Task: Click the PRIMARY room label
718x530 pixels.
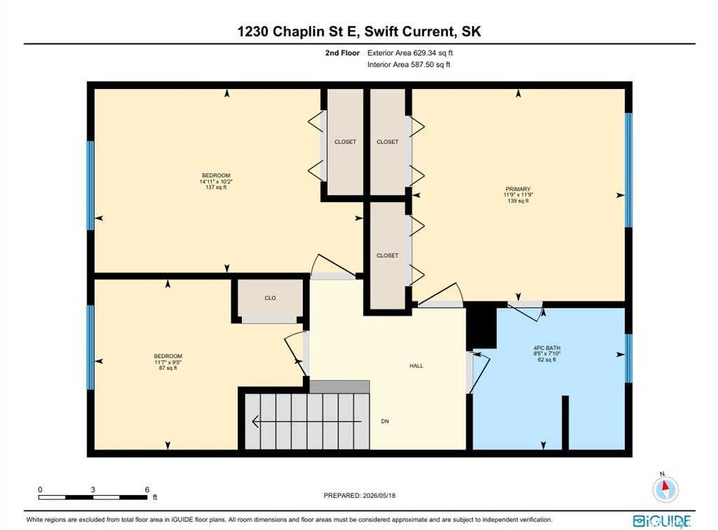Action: tap(518, 189)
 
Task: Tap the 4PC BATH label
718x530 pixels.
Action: tap(547, 348)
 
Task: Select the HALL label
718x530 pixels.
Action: tap(416, 366)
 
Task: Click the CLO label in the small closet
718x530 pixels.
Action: tap(270, 298)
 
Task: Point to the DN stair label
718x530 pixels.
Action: tap(385, 421)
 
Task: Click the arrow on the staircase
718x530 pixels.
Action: tap(307, 421)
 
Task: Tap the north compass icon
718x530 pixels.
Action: tap(665, 488)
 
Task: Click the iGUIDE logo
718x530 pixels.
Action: tap(662, 521)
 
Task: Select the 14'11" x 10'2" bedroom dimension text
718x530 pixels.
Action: tap(216, 182)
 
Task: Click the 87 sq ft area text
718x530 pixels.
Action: tap(168, 368)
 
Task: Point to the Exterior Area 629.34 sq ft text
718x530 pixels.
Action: tap(409, 53)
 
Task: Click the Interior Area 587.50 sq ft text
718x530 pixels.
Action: tap(409, 65)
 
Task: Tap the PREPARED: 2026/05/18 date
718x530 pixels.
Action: tap(360, 495)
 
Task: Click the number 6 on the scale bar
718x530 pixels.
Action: tap(147, 489)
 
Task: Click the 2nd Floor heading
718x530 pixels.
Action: tap(342, 53)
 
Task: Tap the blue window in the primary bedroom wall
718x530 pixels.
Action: tap(629, 170)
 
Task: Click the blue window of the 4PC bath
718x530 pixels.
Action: tap(629, 358)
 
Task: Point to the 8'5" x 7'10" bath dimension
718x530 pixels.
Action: tap(547, 354)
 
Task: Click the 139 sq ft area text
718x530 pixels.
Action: tap(518, 201)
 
